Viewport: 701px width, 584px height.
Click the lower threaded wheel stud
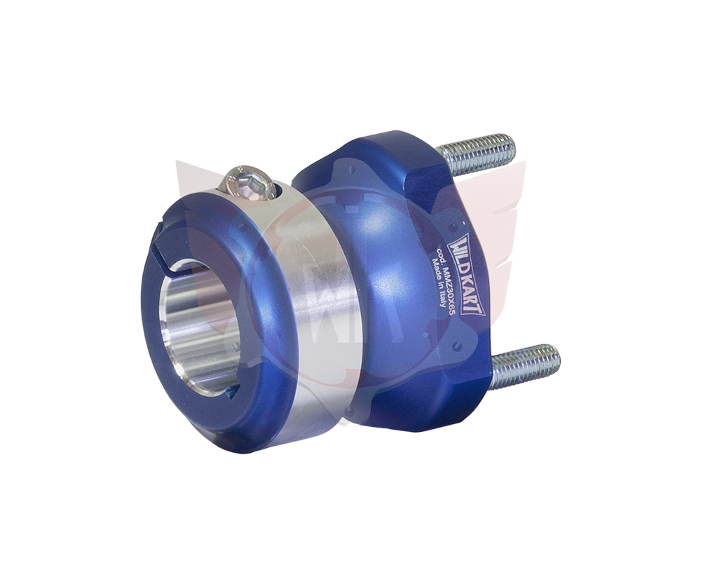click(x=525, y=364)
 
